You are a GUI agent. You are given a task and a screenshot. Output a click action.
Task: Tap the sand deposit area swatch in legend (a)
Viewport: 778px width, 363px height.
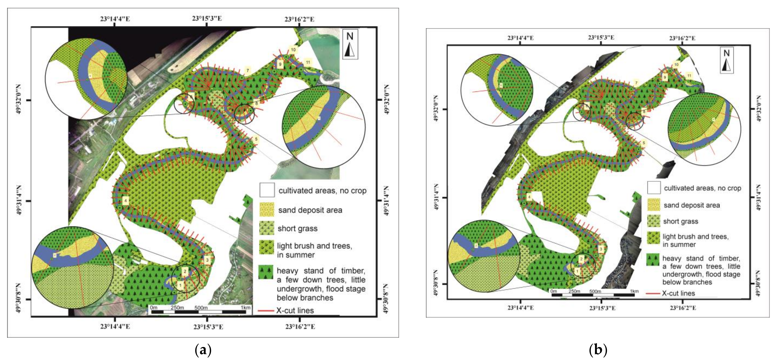click(x=267, y=210)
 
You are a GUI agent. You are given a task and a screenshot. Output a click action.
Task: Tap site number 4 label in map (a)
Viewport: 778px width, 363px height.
click(x=126, y=201)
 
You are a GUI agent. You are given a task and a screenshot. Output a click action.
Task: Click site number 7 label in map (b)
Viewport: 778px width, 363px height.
click(x=636, y=83)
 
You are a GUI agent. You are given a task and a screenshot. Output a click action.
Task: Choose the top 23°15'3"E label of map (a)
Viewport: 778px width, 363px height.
click(x=207, y=18)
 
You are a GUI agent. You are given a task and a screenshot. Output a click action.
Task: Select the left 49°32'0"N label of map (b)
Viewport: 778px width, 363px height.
click(x=435, y=109)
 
